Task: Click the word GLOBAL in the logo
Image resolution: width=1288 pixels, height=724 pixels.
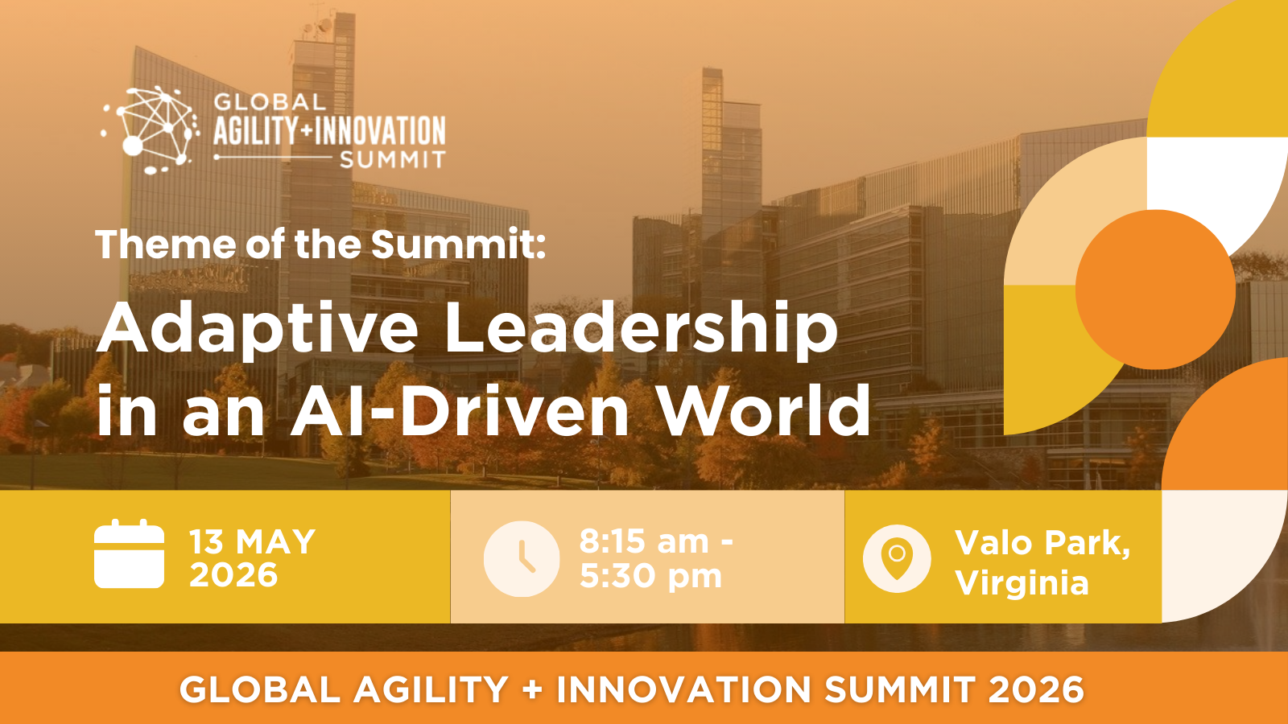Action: (270, 102)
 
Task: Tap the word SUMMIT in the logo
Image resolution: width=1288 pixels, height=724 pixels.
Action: (393, 159)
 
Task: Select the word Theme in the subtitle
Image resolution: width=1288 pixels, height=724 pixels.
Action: (166, 245)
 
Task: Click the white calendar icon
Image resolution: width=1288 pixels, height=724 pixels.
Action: (130, 553)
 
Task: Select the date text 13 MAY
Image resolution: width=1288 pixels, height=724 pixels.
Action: (253, 541)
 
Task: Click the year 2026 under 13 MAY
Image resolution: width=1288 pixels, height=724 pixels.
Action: (233, 574)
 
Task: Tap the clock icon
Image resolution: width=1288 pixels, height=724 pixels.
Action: (522, 558)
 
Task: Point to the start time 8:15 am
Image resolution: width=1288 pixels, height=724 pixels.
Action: (644, 541)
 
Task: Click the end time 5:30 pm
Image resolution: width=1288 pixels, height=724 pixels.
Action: (650, 576)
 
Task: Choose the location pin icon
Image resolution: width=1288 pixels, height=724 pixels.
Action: (897, 558)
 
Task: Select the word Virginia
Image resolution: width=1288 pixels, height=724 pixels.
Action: (1022, 583)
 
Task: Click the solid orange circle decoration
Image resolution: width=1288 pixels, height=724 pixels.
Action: (1156, 290)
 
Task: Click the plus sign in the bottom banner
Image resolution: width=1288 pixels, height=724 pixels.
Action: (532, 689)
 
